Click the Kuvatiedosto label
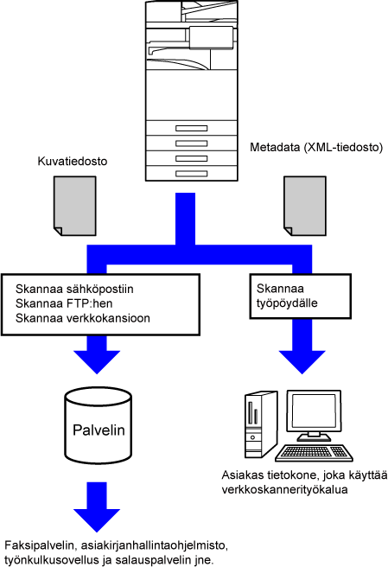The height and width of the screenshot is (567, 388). [73, 161]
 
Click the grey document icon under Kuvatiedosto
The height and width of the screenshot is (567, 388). [75, 206]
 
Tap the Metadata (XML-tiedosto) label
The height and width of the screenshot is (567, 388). [316, 147]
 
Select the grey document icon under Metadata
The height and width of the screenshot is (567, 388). [305, 206]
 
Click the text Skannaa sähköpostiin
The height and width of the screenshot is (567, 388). [74, 289]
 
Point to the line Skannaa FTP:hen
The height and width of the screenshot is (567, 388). [64, 303]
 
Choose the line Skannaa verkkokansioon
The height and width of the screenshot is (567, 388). [83, 318]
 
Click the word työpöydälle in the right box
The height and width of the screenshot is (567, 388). [287, 303]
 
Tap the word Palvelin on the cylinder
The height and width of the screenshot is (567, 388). [99, 430]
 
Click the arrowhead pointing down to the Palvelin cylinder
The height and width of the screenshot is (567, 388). [97, 361]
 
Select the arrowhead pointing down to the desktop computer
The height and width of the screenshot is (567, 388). [302, 361]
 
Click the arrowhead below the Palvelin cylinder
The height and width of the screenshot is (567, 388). [97, 520]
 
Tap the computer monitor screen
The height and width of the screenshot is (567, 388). [314, 411]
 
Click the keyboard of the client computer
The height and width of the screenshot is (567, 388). [314, 453]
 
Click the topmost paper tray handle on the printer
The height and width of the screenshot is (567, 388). [191, 129]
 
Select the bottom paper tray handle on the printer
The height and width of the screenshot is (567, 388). [191, 174]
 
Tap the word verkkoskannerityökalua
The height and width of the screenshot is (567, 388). [284, 489]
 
